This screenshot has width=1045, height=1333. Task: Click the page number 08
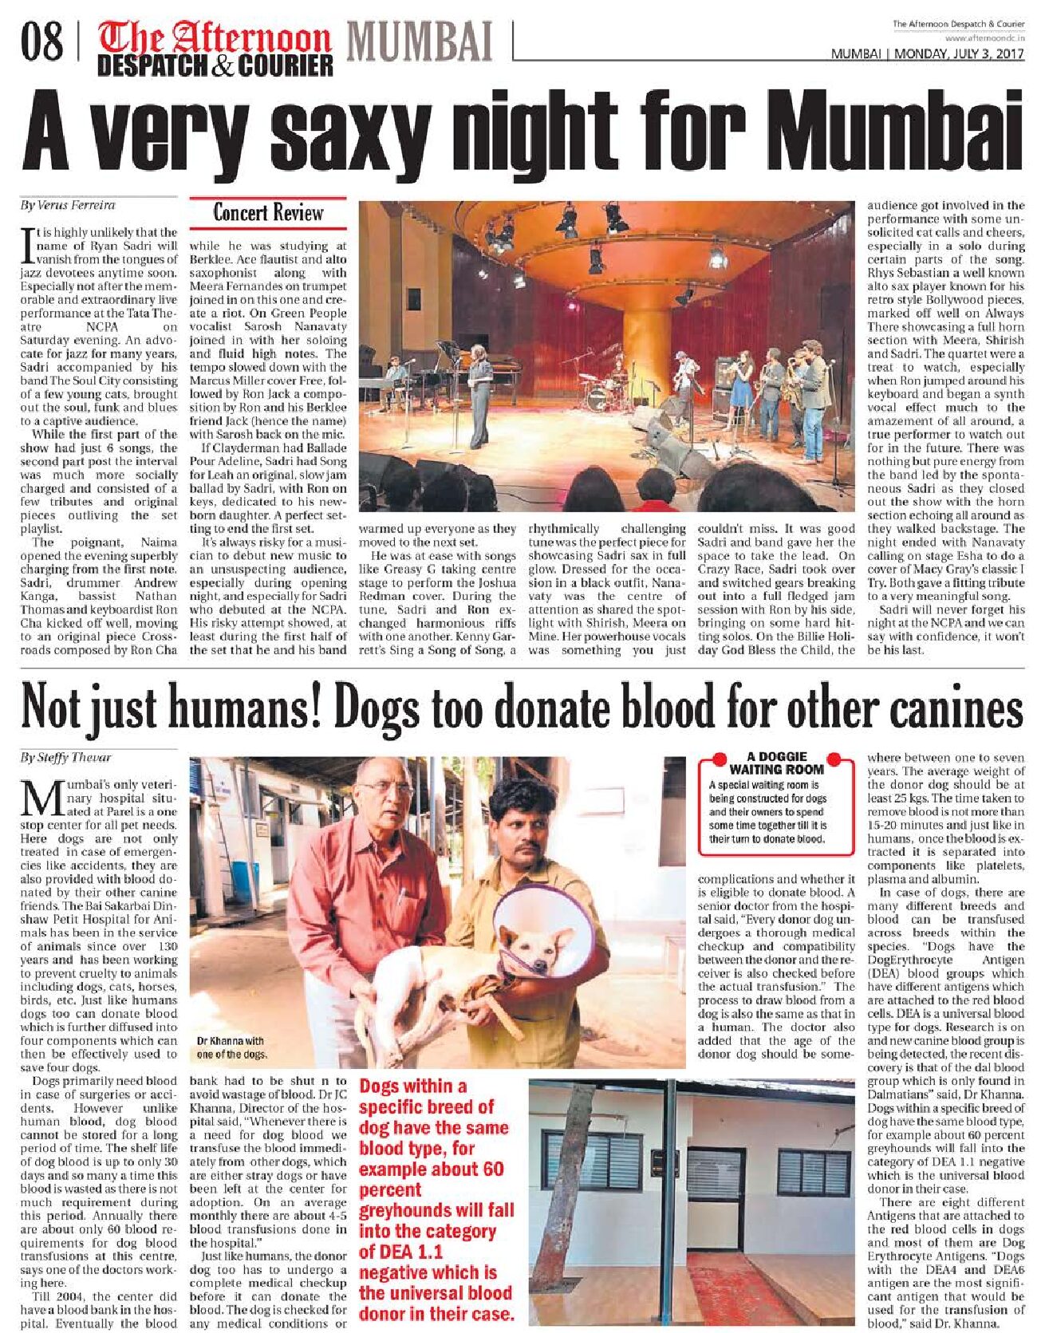[x=42, y=42]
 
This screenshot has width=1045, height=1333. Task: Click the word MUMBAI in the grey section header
[x=420, y=41]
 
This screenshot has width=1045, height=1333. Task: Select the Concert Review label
[x=268, y=213]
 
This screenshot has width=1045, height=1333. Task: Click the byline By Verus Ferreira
[x=67, y=205]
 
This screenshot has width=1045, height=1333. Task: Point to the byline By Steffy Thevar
[x=65, y=757]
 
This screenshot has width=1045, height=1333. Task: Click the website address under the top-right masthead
[x=984, y=37]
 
